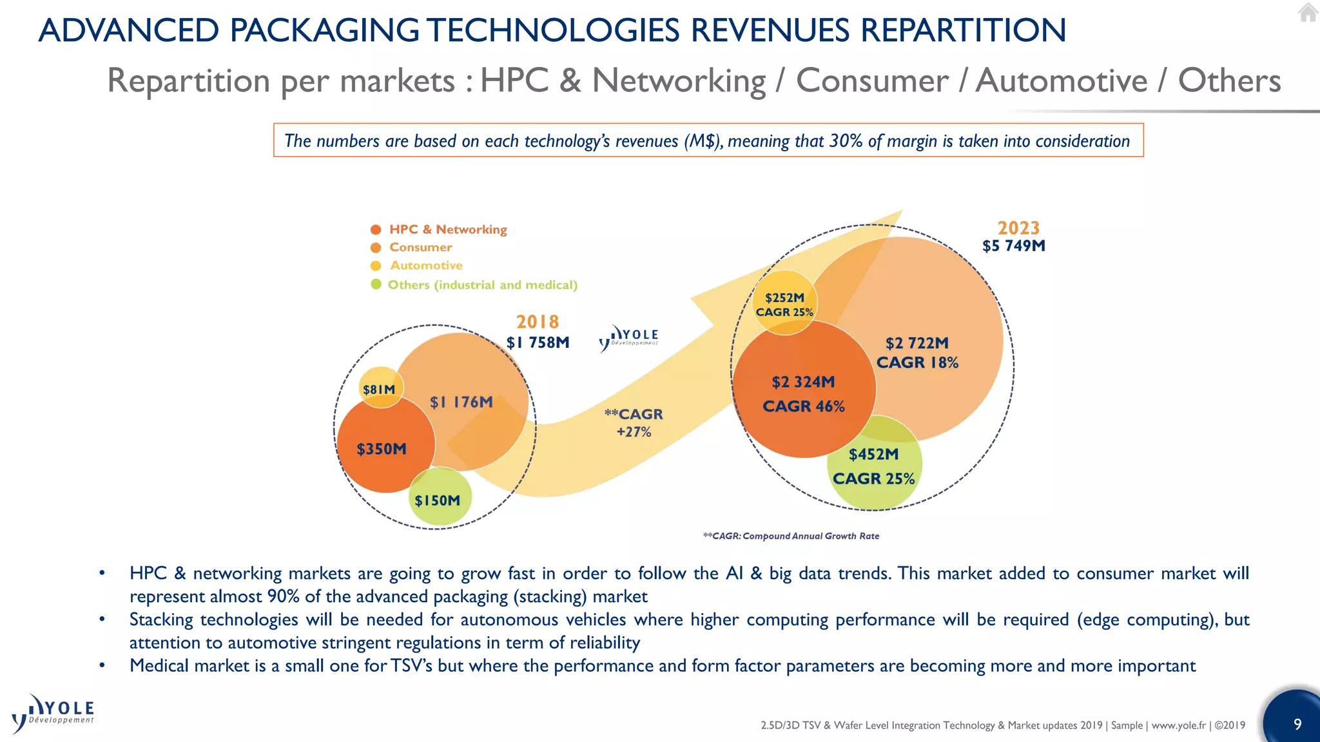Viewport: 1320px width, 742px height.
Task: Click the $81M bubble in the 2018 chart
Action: click(x=380, y=388)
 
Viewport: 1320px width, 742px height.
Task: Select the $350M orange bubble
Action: click(x=384, y=448)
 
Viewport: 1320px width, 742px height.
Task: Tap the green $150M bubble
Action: click(x=438, y=499)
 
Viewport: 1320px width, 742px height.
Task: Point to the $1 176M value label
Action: click(x=461, y=402)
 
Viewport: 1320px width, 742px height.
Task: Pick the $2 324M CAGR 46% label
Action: click(x=803, y=394)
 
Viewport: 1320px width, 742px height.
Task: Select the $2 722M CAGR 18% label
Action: click(x=917, y=352)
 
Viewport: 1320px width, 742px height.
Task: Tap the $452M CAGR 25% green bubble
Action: click(x=874, y=466)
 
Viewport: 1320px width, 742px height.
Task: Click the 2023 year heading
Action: click(x=1018, y=228)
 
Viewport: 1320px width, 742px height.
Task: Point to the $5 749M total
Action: click(x=1013, y=246)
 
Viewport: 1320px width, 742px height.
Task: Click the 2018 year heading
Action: click(x=538, y=321)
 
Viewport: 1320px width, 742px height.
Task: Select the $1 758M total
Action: click(x=538, y=343)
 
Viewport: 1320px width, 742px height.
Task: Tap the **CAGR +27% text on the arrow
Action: click(x=634, y=423)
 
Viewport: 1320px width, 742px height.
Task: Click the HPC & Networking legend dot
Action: click(x=376, y=229)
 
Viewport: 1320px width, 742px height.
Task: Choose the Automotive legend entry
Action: click(x=426, y=265)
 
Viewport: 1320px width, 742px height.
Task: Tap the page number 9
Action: click(x=1297, y=724)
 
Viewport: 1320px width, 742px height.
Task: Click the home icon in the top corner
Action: click(x=1307, y=12)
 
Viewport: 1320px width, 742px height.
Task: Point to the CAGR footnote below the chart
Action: click(x=791, y=536)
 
